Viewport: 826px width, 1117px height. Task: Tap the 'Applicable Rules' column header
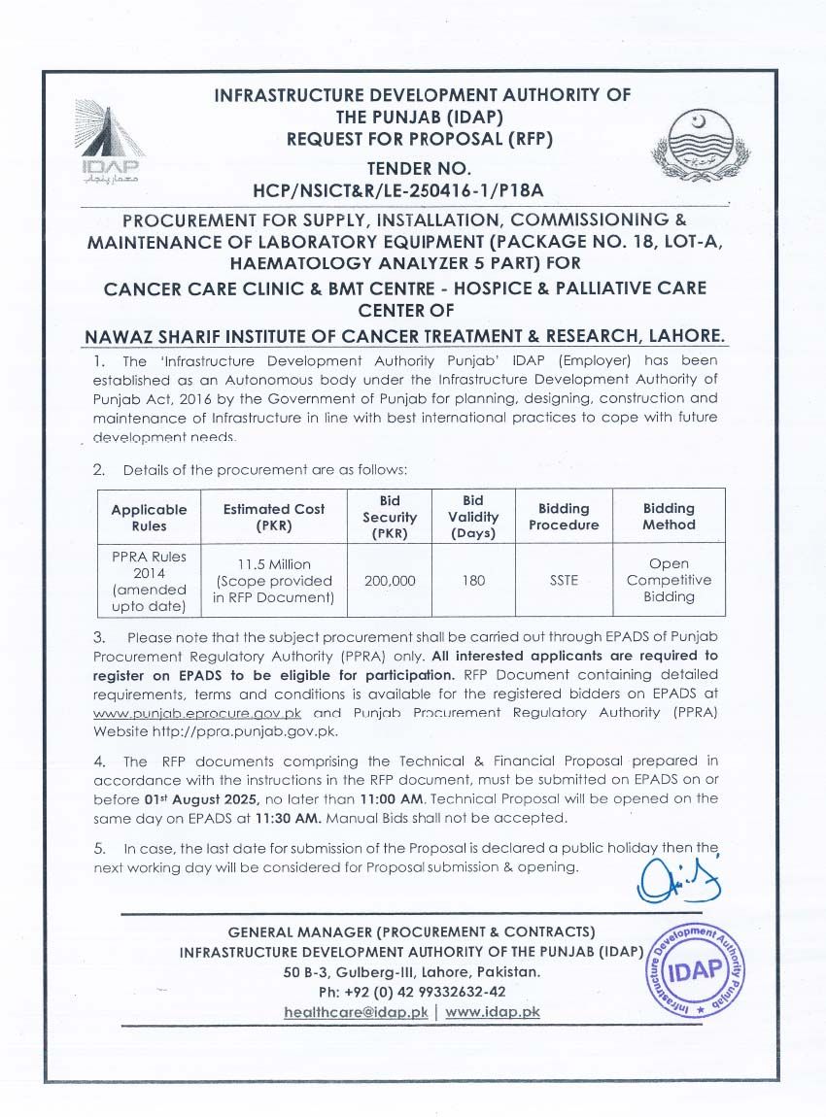[150, 517]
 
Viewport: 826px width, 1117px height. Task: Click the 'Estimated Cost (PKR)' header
[274, 517]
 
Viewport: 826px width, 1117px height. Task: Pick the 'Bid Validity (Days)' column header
[474, 517]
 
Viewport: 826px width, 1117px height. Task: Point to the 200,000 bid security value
[390, 580]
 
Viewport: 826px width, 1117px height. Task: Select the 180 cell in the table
[474, 580]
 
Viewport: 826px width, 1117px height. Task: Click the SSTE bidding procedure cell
[564, 580]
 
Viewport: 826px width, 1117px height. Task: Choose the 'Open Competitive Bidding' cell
[669, 580]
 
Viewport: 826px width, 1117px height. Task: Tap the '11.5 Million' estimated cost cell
[274, 580]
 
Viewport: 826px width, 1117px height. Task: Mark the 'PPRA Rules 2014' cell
[150, 580]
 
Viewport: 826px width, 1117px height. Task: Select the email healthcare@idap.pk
[356, 1011]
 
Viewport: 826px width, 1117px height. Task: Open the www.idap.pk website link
[493, 1011]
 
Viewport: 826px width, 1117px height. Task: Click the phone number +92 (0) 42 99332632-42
[412, 992]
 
